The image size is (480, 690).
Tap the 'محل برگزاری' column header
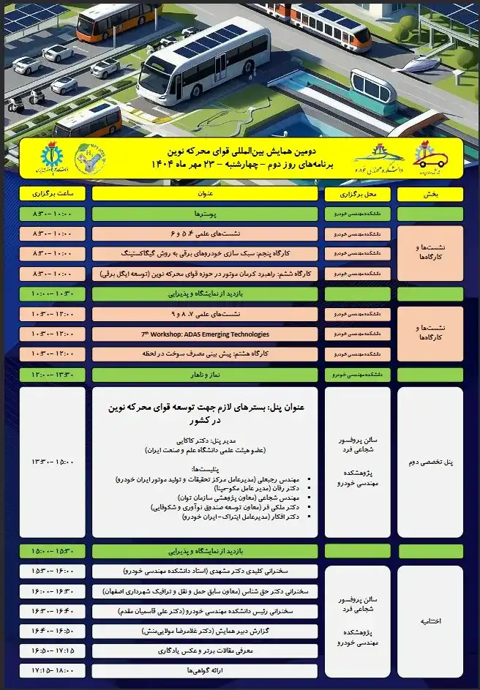(x=358, y=194)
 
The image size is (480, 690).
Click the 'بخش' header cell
(x=430, y=194)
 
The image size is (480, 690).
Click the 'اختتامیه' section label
(x=430, y=620)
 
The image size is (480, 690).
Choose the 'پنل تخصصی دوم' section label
(x=430, y=462)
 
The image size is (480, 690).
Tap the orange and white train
(x=329, y=25)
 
